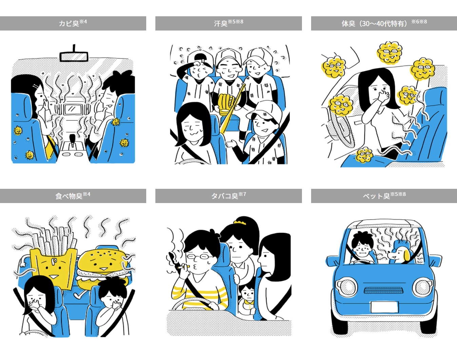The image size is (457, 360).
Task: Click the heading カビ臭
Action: [69, 23]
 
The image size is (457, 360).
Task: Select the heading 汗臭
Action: [221, 23]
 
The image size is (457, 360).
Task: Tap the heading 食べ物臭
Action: [69, 196]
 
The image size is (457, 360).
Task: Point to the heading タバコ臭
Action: [225, 196]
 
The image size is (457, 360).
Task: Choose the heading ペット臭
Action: [376, 196]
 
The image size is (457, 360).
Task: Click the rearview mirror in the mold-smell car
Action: [74, 57]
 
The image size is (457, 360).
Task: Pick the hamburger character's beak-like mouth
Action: [103, 269]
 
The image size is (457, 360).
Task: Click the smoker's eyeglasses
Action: [198, 257]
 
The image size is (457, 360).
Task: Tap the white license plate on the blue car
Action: [384, 307]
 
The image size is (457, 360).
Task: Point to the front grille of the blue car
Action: [383, 290]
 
